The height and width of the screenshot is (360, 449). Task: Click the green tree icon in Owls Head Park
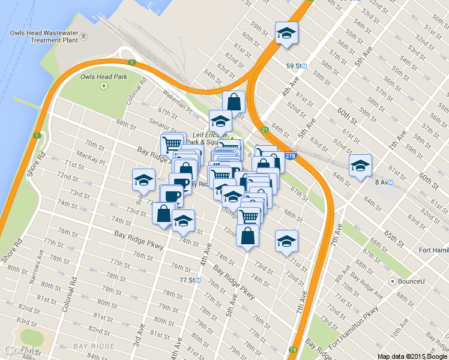(104, 86)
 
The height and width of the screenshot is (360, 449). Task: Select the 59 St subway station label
(296, 65)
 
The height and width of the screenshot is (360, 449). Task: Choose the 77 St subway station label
(190, 280)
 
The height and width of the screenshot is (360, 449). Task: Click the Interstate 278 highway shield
(291, 156)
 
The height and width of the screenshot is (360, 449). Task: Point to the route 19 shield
(292, 349)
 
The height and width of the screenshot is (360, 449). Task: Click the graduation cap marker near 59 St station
(286, 34)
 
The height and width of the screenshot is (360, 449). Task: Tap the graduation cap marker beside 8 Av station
(360, 166)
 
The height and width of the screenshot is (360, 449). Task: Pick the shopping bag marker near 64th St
(234, 103)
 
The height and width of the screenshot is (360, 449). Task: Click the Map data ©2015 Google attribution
(412, 356)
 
